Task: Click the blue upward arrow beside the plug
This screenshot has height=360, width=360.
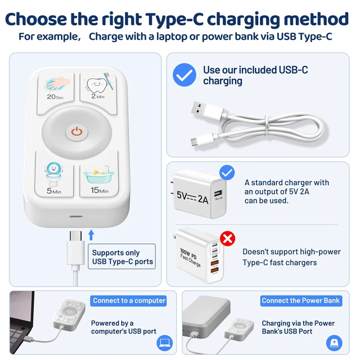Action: (x=91, y=235)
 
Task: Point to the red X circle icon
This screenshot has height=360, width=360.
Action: (x=227, y=238)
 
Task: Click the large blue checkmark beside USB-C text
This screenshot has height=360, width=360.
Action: (x=184, y=75)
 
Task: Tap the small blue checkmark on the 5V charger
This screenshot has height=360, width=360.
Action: (x=227, y=173)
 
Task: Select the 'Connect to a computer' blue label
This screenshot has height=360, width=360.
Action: (x=129, y=300)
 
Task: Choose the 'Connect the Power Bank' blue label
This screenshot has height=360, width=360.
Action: (x=301, y=300)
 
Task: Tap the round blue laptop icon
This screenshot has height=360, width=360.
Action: (x=165, y=343)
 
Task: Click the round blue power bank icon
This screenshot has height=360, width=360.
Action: (x=334, y=343)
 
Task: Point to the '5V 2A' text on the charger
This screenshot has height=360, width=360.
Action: (x=192, y=197)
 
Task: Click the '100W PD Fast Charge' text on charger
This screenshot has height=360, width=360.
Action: (x=190, y=258)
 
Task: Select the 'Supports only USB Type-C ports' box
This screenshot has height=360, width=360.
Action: (x=121, y=256)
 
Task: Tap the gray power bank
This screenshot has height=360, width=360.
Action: (x=206, y=313)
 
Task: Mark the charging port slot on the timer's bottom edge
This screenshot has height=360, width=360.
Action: (x=76, y=217)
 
